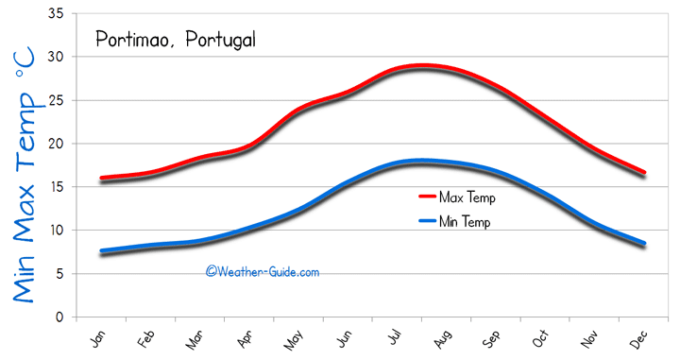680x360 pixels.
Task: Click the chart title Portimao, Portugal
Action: (175, 40)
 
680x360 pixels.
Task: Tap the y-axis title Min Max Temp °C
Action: (25, 177)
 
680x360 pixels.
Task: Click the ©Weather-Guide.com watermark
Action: (263, 271)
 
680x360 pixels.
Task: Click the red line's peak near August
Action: (422, 65)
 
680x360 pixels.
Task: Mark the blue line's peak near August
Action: (422, 161)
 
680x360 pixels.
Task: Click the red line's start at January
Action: (101, 178)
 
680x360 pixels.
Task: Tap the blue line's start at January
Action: (101, 250)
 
